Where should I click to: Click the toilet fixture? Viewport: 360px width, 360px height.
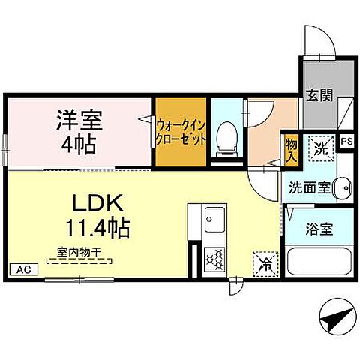pos(226,139)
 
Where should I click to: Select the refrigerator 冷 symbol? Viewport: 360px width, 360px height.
pos(265,262)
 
